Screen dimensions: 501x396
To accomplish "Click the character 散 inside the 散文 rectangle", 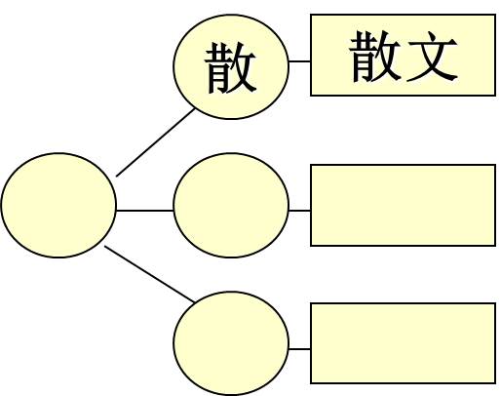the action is tap(374, 56).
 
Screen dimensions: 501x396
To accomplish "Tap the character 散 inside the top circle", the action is tap(230, 67).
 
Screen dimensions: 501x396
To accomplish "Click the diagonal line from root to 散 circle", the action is tap(155, 142).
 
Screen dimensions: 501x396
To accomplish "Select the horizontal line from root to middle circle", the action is tap(145, 211).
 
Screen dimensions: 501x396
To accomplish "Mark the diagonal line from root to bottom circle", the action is tap(149, 274).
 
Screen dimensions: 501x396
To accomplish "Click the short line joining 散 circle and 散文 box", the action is tap(299, 60).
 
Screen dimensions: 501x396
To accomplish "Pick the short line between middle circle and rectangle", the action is tap(299, 211).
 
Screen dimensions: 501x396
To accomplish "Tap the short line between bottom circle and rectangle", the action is tap(299, 349).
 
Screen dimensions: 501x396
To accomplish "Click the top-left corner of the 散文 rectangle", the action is tap(311, 15).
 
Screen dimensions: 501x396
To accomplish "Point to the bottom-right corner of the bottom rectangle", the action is tap(495, 383).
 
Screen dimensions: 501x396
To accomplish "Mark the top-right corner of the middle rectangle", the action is tap(495, 165).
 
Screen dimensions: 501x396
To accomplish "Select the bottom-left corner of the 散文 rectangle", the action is tap(311, 96).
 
